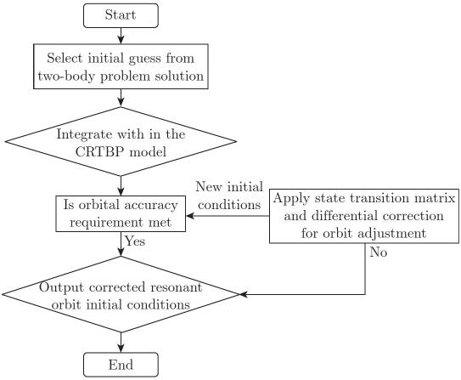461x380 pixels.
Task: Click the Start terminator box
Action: click(x=121, y=15)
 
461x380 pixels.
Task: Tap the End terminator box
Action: click(x=121, y=365)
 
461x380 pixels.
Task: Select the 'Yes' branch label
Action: click(x=135, y=241)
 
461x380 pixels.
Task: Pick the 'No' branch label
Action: click(x=379, y=252)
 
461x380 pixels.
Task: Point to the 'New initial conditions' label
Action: click(x=229, y=196)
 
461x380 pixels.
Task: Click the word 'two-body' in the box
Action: click(x=67, y=77)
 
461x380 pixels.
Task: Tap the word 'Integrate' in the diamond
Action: click(x=84, y=134)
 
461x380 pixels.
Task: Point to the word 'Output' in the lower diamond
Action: click(x=61, y=287)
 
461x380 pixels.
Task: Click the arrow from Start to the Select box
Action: click(x=121, y=36)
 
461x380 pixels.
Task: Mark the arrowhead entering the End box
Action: click(x=121, y=349)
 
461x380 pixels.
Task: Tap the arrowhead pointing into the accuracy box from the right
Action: click(x=190, y=216)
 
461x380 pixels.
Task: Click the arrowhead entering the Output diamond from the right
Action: click(x=244, y=294)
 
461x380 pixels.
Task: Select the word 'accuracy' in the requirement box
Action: click(x=151, y=205)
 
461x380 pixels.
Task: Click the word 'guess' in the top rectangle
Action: click(x=144, y=59)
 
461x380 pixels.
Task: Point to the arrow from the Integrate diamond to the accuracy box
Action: click(x=121, y=186)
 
